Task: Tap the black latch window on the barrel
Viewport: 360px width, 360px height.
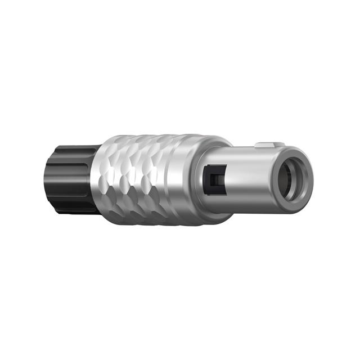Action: (x=214, y=179)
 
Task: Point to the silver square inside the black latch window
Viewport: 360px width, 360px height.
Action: (x=214, y=181)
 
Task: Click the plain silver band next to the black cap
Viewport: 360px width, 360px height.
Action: (x=97, y=180)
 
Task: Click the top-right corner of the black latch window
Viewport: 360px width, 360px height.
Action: (x=225, y=165)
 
